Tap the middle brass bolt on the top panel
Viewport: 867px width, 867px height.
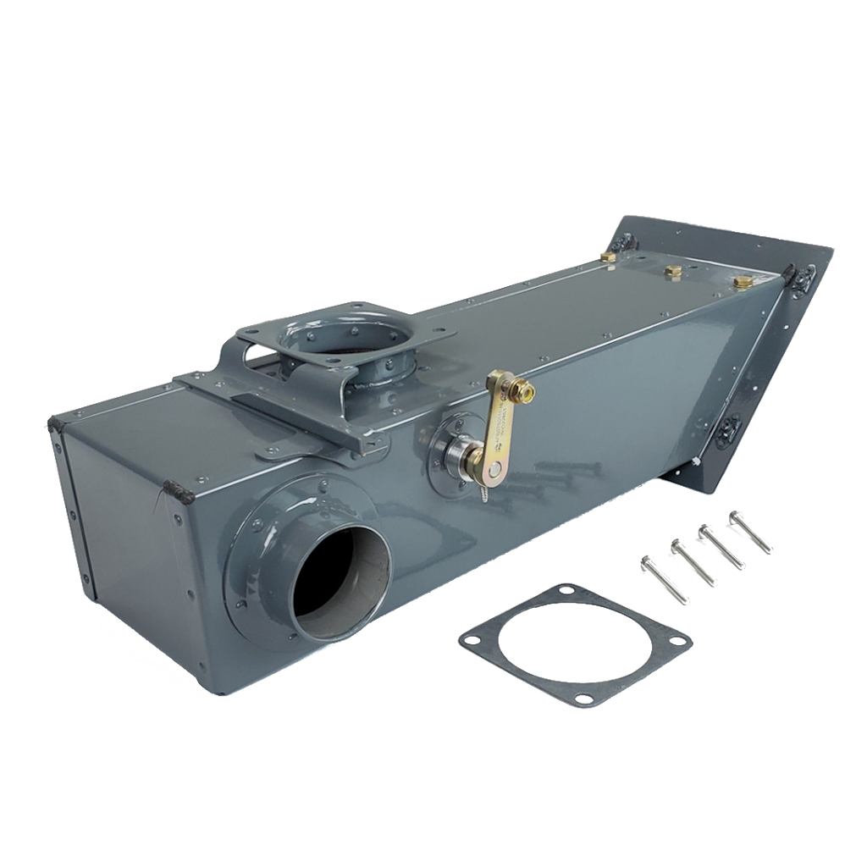(673, 271)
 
